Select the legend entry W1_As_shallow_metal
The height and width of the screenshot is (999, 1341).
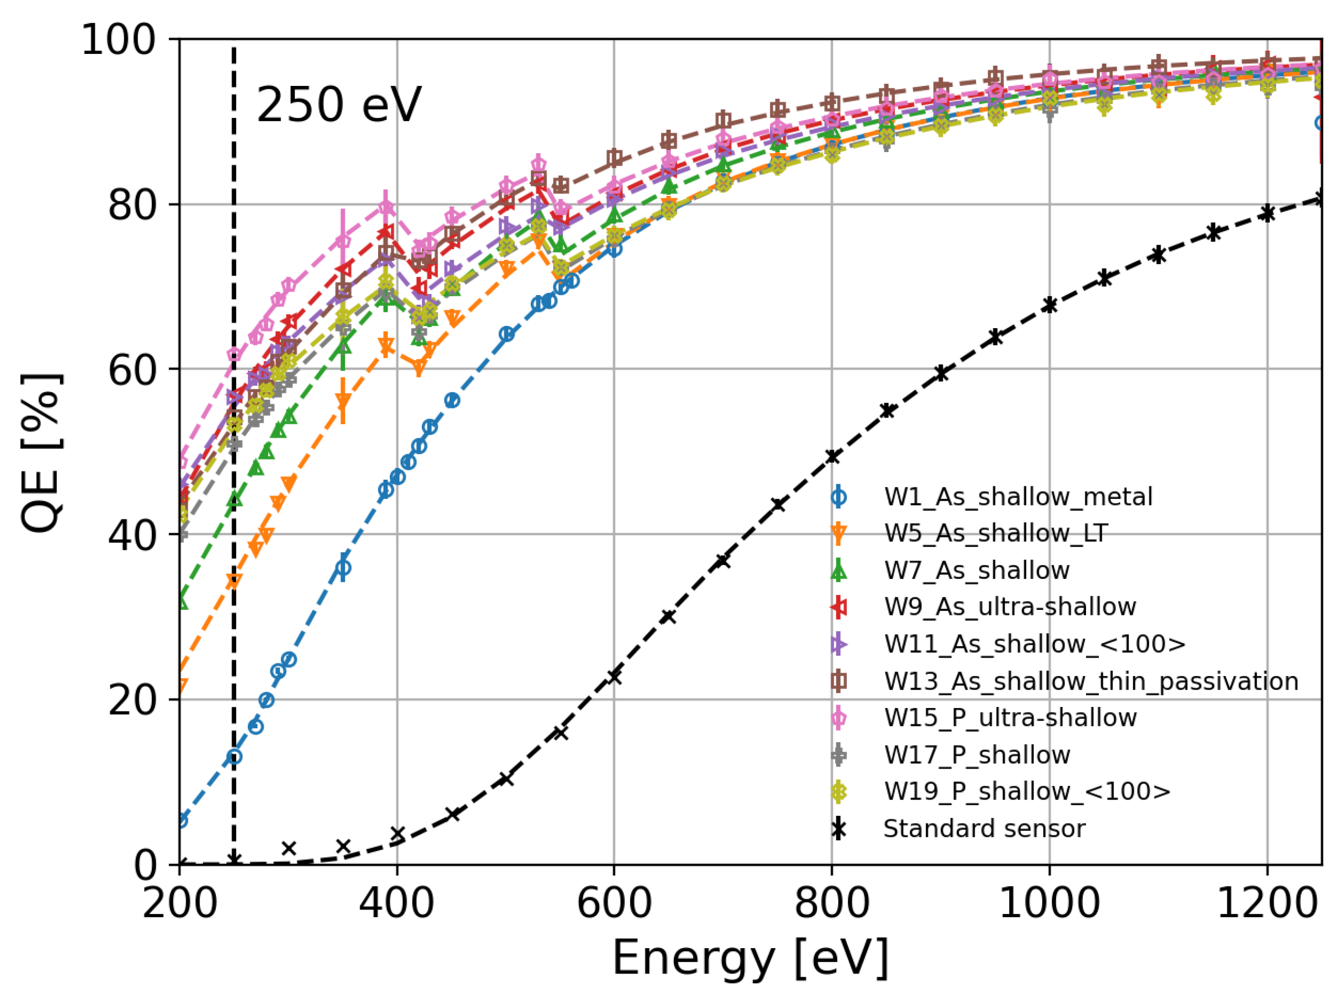click(1018, 496)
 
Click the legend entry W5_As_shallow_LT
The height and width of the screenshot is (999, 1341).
click(995, 534)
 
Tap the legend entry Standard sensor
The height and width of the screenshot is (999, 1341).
click(984, 829)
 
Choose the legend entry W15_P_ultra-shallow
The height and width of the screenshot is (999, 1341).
click(1010, 718)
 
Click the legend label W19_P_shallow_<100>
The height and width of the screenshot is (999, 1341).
click(1027, 791)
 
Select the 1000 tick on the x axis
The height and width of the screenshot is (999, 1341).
click(1049, 905)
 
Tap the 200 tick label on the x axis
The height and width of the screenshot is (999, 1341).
click(180, 905)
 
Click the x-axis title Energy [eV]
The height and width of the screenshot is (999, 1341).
click(750, 958)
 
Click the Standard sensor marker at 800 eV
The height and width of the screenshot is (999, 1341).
click(832, 457)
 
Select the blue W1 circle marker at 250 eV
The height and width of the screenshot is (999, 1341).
click(234, 756)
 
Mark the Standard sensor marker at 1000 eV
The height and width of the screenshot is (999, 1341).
click(1049, 305)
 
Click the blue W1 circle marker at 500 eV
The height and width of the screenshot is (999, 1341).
click(506, 334)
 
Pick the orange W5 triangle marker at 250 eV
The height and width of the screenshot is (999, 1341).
click(234, 580)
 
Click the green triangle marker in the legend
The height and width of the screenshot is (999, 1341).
click(838, 570)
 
